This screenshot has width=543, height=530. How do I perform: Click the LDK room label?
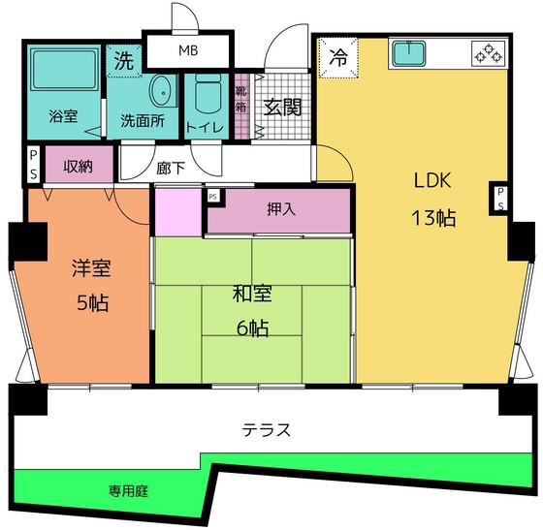pyautogui.click(x=433, y=179)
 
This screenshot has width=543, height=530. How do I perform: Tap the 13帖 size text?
pyautogui.click(x=433, y=217)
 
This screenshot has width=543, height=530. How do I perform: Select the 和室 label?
pyautogui.click(x=251, y=293)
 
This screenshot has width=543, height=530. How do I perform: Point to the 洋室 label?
pyautogui.click(x=86, y=269)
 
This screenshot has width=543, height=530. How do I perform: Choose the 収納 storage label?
pyautogui.click(x=78, y=165)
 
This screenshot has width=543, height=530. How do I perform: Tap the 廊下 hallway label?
pyautogui.click(x=171, y=168)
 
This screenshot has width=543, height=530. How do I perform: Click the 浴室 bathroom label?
pyautogui.click(x=64, y=117)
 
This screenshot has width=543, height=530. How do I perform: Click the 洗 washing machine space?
pyautogui.click(x=124, y=59)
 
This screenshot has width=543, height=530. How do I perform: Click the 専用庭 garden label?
pyautogui.click(x=127, y=491)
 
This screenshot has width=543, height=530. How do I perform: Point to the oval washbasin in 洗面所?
pyautogui.click(x=162, y=91)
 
